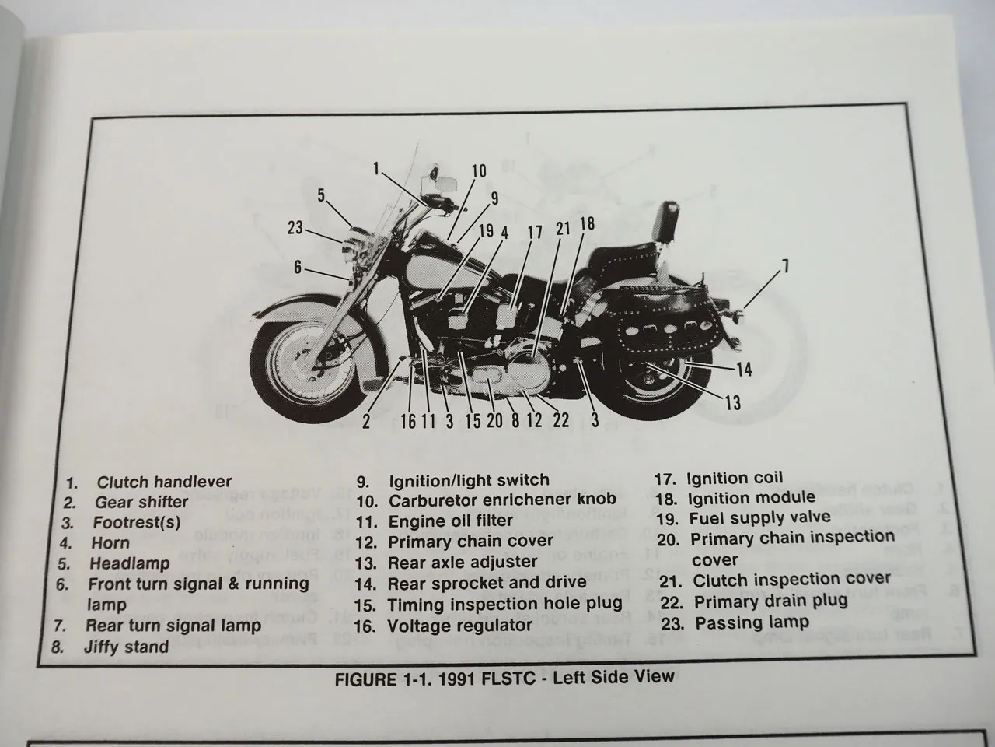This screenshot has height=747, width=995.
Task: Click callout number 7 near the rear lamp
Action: click(785, 267)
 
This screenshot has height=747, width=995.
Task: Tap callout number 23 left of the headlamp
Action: click(295, 228)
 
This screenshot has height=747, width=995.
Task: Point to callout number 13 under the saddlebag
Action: click(732, 402)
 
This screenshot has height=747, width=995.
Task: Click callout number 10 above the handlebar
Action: click(479, 171)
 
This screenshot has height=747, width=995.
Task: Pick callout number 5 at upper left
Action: click(321, 195)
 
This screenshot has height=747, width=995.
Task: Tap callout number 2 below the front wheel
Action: click(365, 421)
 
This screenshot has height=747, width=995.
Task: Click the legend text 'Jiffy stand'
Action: click(126, 647)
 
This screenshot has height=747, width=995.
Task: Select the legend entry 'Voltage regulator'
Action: click(459, 625)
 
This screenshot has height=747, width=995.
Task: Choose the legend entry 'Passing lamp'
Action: click(752, 622)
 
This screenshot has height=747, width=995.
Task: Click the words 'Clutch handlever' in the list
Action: click(164, 482)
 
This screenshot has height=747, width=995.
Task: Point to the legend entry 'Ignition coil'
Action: click(735, 478)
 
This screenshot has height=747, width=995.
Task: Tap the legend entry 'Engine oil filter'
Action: click(450, 521)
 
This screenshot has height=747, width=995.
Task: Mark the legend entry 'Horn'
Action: click(110, 542)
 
